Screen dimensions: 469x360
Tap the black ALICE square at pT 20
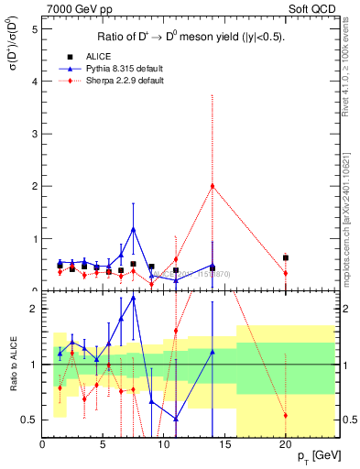[x=286, y=257]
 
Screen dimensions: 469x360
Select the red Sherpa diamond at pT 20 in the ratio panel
[x=286, y=415]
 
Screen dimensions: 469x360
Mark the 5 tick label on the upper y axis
[x=34, y=28]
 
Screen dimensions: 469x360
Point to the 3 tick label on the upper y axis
[x=34, y=134]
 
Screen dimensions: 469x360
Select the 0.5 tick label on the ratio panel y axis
[x=29, y=420]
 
